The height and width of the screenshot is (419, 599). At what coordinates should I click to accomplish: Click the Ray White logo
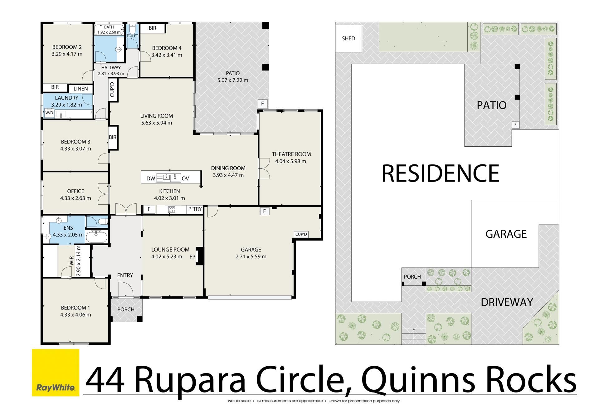tap(56, 373)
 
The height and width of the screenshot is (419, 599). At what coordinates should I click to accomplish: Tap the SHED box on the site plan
tap(348, 38)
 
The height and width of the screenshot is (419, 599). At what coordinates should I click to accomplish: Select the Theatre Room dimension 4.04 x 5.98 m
tap(290, 161)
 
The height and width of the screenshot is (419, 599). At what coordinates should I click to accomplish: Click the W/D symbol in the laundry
tap(49, 113)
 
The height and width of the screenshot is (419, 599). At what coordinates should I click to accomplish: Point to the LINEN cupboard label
tap(80, 89)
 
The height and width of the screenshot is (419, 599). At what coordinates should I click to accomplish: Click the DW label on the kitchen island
tap(151, 179)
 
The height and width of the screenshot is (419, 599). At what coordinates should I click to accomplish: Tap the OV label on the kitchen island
tap(185, 179)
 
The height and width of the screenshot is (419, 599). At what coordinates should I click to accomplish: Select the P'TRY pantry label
tap(195, 209)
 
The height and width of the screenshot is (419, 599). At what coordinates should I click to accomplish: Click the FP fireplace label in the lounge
tap(192, 257)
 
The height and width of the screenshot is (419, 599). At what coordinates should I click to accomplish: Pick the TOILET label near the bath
tap(132, 36)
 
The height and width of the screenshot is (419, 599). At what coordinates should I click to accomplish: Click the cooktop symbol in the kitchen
tap(172, 210)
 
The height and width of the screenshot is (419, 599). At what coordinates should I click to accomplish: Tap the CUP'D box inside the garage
tap(301, 234)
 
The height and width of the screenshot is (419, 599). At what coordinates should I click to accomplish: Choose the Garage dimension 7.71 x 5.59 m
tap(251, 256)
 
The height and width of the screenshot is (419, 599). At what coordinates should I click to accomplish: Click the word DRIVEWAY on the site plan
tap(507, 302)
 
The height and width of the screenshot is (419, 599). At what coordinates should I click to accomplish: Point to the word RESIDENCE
tap(441, 173)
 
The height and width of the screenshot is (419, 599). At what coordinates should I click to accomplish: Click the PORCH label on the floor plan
tap(126, 309)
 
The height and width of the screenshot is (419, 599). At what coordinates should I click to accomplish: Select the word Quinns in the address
tap(412, 380)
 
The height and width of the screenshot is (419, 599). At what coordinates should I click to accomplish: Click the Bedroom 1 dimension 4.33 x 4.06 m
tap(75, 314)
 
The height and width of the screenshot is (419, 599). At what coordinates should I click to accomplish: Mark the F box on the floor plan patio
tap(262, 104)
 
